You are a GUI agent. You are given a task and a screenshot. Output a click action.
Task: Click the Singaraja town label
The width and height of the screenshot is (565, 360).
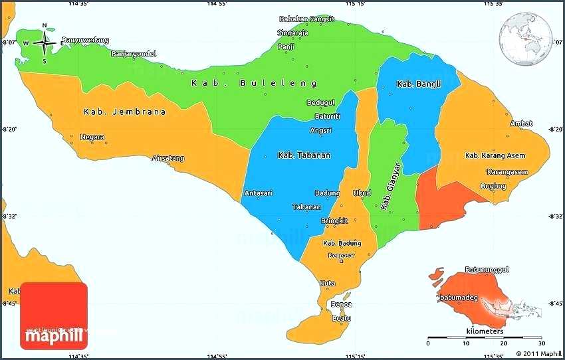point(292,33)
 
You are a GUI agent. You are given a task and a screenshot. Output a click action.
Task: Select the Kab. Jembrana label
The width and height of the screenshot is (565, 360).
point(125,112)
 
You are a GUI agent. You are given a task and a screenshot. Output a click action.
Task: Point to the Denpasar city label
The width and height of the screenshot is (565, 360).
point(339,255)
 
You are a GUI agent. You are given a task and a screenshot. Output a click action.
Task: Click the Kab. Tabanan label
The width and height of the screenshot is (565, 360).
point(303,155)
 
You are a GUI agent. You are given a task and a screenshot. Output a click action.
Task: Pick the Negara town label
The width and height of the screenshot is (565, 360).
point(92,137)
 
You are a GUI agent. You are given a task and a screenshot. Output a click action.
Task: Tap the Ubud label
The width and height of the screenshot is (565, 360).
point(362,193)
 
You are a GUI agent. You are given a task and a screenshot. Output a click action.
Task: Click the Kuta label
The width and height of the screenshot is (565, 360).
point(327,283)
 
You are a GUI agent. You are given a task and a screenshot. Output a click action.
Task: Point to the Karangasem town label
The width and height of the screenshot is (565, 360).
point(507,172)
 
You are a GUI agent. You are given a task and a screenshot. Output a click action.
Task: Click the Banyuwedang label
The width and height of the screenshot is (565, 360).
point(85,40)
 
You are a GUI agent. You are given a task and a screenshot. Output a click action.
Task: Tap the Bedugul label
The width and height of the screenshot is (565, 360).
point(320,102)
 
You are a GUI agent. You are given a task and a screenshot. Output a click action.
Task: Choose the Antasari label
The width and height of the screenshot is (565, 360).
point(258,193)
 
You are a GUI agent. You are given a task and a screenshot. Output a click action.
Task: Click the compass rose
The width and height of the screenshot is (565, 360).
point(45,44)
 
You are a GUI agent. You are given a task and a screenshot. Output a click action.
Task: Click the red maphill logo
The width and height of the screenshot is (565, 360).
point(54,316)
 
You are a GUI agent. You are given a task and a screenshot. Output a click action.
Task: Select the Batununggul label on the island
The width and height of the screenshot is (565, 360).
point(487,270)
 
